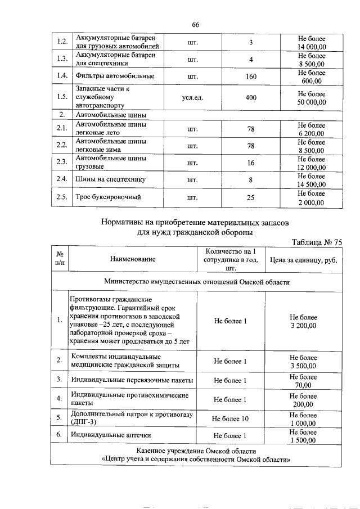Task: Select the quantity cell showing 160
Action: pyautogui.click(x=251, y=76)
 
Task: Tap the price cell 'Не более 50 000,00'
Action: pyautogui.click(x=311, y=97)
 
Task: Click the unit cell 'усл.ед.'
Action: pyautogui.click(x=192, y=98)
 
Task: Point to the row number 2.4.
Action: pyautogui.click(x=62, y=179)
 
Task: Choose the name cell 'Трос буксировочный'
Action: pyautogui.click(x=107, y=197)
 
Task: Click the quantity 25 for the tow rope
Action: pyautogui.click(x=251, y=197)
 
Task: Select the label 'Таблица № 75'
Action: pyautogui.click(x=317, y=242)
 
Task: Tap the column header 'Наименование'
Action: pyautogui.click(x=133, y=259)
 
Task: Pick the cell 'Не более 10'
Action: pyautogui.click(x=230, y=419)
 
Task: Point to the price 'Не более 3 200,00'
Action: pyautogui.click(x=303, y=321)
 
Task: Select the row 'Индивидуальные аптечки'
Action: pyautogui.click(x=110, y=435)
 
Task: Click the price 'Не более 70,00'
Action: pyautogui.click(x=303, y=381)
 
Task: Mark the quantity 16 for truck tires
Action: pyautogui.click(x=251, y=163)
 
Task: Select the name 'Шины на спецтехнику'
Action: pyautogui.click(x=110, y=179)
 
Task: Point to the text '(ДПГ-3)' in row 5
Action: pyautogui.click(x=83, y=422)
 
